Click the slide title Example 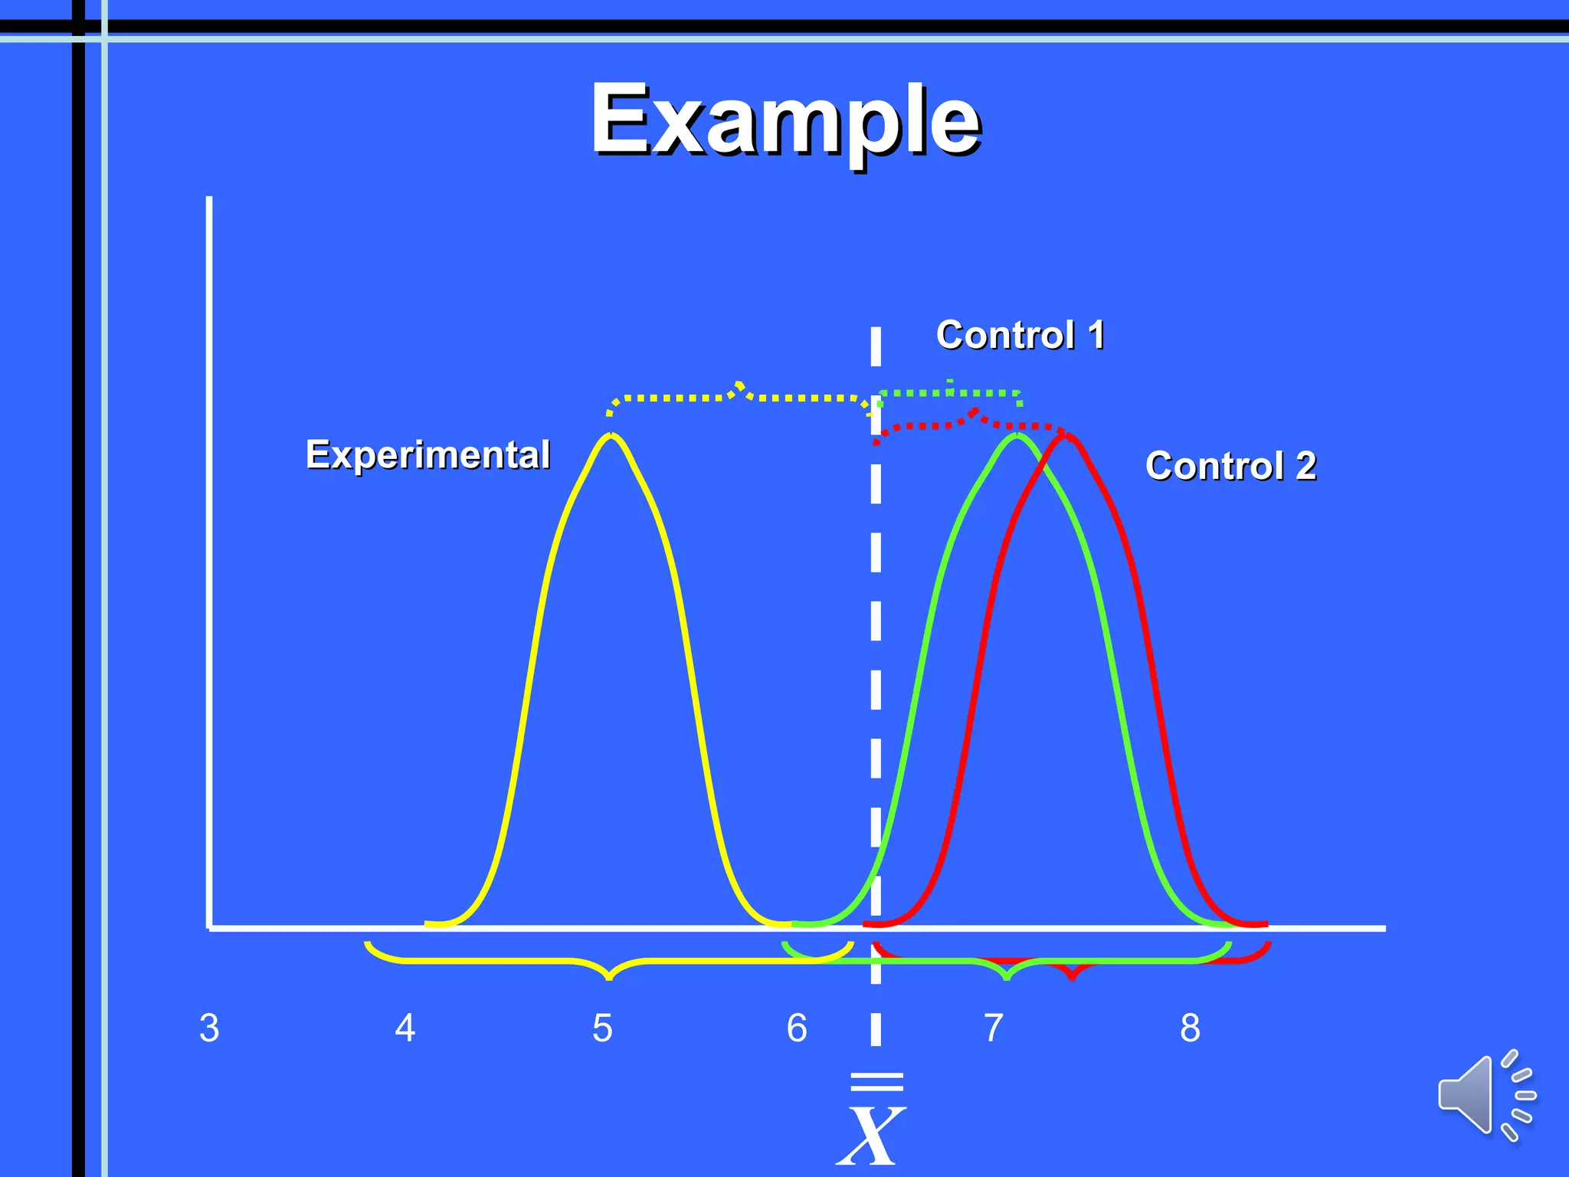pyautogui.click(x=785, y=120)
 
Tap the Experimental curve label pyautogui.click(x=427, y=454)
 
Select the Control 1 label pyautogui.click(x=1020, y=335)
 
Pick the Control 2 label pyautogui.click(x=1230, y=466)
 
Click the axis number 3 pyautogui.click(x=209, y=1028)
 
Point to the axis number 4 pyautogui.click(x=405, y=1028)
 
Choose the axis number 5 pyautogui.click(x=602, y=1028)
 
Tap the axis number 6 pyautogui.click(x=797, y=1028)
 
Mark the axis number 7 pyautogui.click(x=994, y=1028)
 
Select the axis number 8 pyautogui.click(x=1190, y=1028)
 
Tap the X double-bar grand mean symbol pyautogui.click(x=872, y=1123)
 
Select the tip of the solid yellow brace pyautogui.click(x=609, y=978)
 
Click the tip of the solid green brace pyautogui.click(x=1007, y=978)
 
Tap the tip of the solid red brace pyautogui.click(x=1073, y=978)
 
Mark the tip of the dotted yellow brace pyautogui.click(x=739, y=382)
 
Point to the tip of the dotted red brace pyautogui.click(x=974, y=411)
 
